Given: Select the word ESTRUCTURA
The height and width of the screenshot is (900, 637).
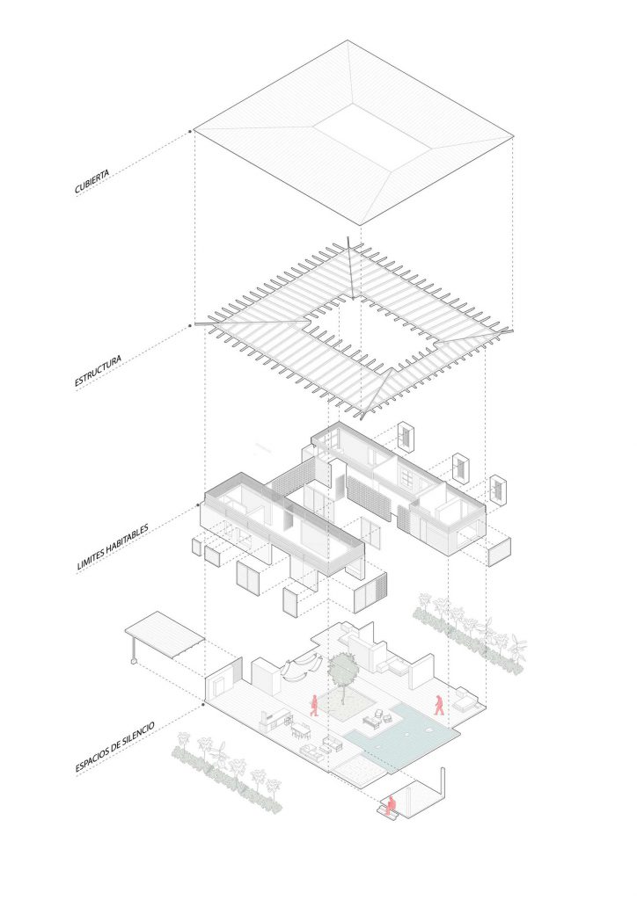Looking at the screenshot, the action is coord(98,372).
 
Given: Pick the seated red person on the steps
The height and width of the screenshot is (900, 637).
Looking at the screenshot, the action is coord(391,805).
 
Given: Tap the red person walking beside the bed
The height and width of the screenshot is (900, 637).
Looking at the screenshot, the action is coord(439,704).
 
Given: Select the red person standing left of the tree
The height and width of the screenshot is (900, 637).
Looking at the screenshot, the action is coord(314,706).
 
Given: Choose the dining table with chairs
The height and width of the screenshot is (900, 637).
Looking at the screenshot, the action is coord(300,730).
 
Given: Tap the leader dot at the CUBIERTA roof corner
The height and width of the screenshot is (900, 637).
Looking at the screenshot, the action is coord(189,132).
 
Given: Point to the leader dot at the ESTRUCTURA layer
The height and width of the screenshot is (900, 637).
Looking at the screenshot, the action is coord(189,325).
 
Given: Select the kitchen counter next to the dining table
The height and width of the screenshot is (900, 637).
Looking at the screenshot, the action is coord(275,720).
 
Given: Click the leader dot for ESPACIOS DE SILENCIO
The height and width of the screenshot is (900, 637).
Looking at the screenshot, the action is coord(202,704).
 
